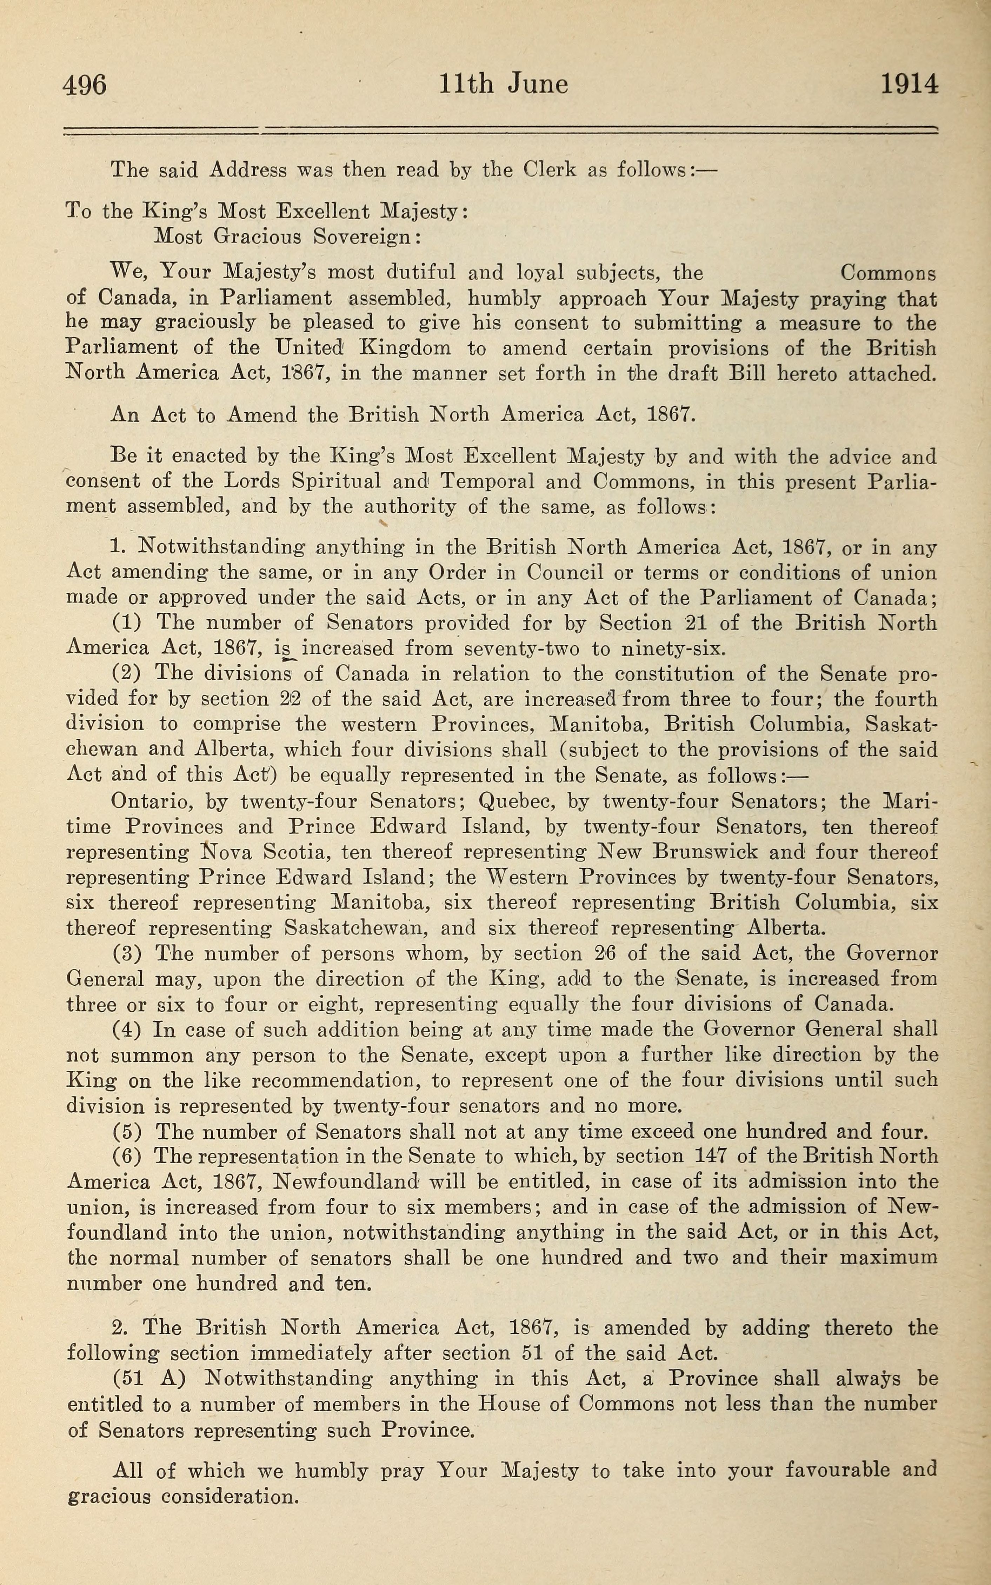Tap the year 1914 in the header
(x=909, y=85)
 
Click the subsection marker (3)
(x=127, y=954)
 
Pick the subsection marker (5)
(x=127, y=1132)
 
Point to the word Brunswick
(x=706, y=852)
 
